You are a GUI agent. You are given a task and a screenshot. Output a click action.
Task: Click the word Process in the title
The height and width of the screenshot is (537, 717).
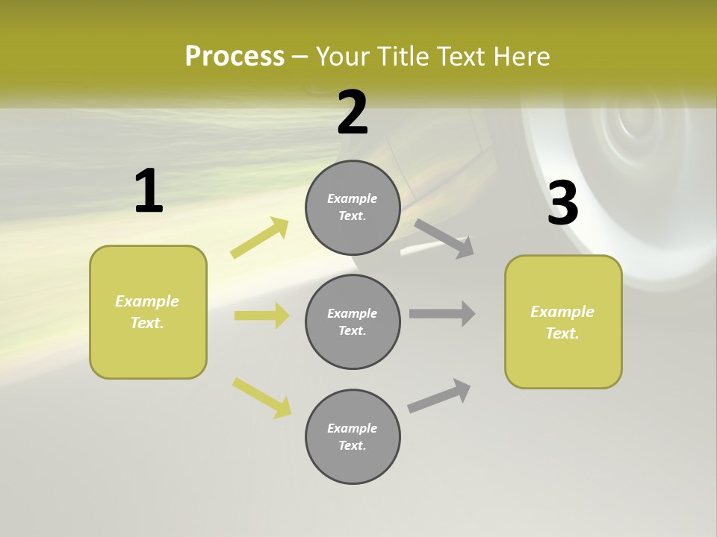(x=235, y=57)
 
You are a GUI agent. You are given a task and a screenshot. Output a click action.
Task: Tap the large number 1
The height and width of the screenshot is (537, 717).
(x=149, y=192)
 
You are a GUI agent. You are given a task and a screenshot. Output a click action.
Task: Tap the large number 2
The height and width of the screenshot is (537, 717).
(x=353, y=113)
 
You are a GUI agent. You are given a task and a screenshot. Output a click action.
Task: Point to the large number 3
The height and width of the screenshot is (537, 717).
(x=563, y=203)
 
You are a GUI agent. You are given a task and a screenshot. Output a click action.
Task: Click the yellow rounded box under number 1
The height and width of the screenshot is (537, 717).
(x=148, y=312)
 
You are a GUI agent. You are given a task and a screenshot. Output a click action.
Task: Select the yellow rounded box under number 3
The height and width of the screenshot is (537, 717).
(x=563, y=322)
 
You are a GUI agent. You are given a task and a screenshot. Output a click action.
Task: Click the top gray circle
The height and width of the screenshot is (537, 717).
(x=353, y=207)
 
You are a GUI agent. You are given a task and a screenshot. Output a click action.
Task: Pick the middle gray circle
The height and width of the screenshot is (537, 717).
(x=353, y=322)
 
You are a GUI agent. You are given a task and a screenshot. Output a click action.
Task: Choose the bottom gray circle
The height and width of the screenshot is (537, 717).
(x=353, y=436)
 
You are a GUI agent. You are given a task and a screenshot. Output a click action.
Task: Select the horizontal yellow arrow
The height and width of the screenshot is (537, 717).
(x=261, y=315)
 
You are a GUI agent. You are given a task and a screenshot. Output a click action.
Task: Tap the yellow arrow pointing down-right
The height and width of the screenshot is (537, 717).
(x=262, y=398)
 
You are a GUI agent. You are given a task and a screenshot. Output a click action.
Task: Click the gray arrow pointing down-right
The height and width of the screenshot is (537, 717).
(x=444, y=238)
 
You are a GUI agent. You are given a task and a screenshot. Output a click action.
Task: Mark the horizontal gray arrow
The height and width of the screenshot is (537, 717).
(x=442, y=313)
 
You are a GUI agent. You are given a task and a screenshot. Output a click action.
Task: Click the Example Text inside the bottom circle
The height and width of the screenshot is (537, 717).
(x=353, y=436)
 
